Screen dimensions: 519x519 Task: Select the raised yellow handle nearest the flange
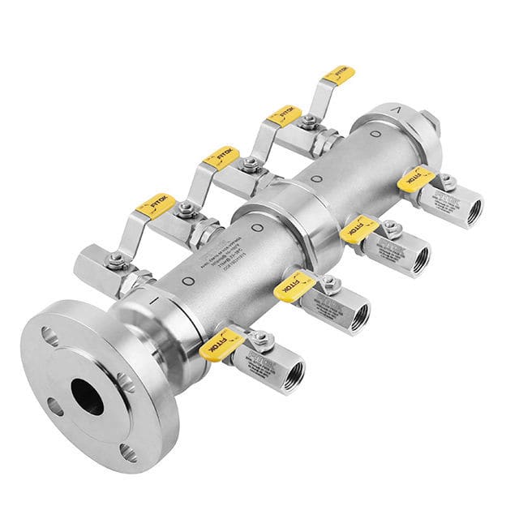(x=155, y=206)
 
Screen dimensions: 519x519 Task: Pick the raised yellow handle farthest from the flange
(x=338, y=75)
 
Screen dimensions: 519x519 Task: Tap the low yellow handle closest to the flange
(x=221, y=344)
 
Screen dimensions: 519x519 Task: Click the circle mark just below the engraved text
(x=188, y=280)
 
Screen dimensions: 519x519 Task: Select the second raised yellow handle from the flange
(x=221, y=157)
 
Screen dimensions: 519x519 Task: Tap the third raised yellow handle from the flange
(x=284, y=114)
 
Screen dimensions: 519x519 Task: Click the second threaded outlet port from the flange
(x=358, y=314)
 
